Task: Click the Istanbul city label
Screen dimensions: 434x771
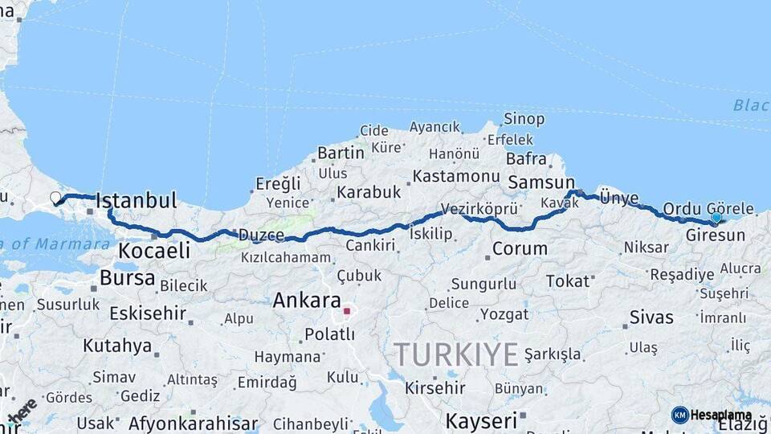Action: coord(136,201)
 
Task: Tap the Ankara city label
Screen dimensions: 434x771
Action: coord(307,301)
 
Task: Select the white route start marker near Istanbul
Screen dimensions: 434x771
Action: coord(55,198)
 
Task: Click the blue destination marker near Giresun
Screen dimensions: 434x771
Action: coord(716,218)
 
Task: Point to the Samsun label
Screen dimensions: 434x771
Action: coord(541,182)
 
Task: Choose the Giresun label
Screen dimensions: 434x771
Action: coord(716,235)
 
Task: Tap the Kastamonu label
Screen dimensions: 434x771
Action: coord(456,176)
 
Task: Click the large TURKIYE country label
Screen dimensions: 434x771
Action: coord(455,354)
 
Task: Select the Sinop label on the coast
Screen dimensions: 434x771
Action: coord(524,119)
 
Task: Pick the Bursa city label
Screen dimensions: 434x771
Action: coord(128,278)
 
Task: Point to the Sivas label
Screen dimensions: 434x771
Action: coord(651,317)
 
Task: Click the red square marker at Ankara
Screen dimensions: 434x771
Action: coord(346,310)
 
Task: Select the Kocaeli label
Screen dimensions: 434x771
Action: coord(154,251)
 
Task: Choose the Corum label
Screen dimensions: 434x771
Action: coord(520,249)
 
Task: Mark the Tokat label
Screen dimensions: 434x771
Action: coord(568,281)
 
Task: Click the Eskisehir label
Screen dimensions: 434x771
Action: coord(148,313)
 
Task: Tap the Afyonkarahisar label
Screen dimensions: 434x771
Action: coord(194,423)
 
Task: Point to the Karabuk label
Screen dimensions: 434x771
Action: coord(369,192)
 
